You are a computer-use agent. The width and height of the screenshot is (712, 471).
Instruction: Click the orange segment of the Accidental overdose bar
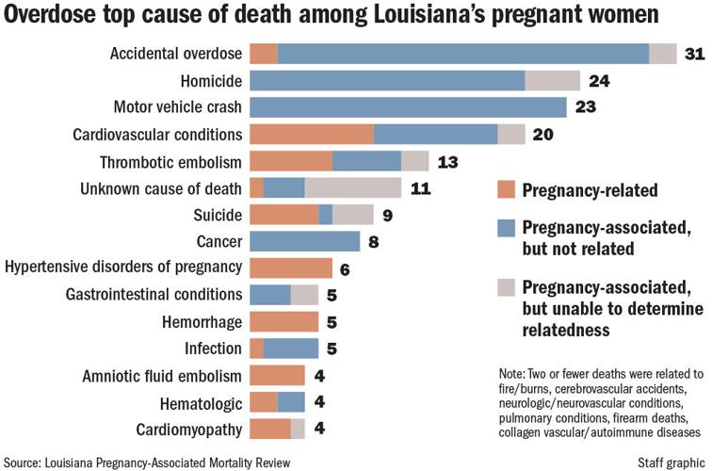coord(264,54)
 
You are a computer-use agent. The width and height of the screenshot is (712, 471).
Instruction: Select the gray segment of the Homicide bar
coord(552,81)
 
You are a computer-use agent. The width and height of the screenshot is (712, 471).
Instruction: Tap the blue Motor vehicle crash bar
coord(408,107)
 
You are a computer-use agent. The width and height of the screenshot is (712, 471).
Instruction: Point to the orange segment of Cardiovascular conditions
coord(312,135)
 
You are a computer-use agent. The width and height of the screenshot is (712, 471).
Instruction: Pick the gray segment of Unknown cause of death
coord(353,187)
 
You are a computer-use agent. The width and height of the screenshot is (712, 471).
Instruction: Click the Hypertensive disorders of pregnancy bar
coord(291,268)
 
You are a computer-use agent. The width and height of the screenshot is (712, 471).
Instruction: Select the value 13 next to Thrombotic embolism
coord(447,161)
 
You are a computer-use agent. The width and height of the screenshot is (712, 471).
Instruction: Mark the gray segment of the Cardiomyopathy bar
coord(298,430)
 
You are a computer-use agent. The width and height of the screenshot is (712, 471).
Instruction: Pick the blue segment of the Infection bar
coord(291,349)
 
